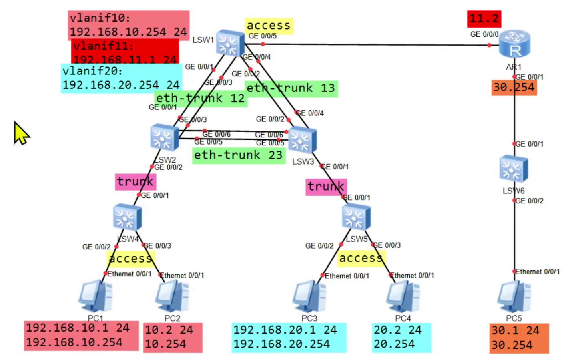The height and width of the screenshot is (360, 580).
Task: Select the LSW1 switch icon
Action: click(x=230, y=42)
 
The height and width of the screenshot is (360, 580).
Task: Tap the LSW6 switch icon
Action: click(x=514, y=169)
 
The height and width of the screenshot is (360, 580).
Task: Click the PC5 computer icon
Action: click(x=514, y=297)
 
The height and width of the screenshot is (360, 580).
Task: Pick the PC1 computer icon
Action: click(x=96, y=296)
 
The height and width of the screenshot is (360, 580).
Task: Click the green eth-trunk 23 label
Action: click(x=239, y=155)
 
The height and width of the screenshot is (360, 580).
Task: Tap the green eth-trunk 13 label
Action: click(x=291, y=88)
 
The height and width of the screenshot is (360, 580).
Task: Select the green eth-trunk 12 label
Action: click(x=200, y=98)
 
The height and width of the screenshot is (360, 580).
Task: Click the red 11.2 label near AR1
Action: click(x=484, y=18)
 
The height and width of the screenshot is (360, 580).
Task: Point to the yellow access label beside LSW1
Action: click(x=269, y=26)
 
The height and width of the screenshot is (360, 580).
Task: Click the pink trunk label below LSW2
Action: click(x=135, y=181)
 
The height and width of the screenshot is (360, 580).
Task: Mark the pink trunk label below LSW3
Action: click(x=326, y=187)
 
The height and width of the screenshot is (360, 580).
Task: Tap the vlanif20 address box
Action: click(x=121, y=78)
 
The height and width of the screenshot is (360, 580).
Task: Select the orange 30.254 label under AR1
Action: click(x=514, y=88)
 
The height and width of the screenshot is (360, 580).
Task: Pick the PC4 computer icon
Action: click(x=403, y=297)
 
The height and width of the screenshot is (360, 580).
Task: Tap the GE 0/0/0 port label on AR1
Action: click(x=484, y=34)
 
